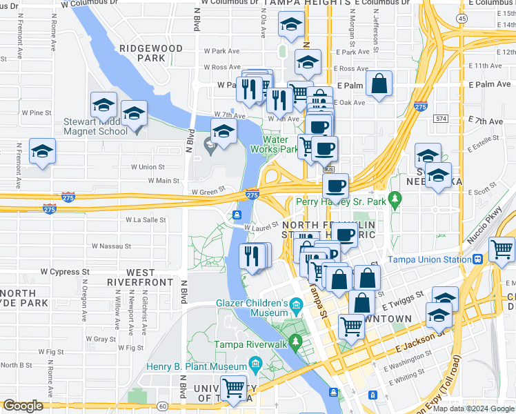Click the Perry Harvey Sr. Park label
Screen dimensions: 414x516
point(341,201)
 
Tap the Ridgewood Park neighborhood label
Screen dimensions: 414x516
point(151,53)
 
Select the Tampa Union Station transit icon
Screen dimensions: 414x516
point(477,259)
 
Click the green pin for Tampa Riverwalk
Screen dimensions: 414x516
point(296,341)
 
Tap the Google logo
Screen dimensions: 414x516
point(23,406)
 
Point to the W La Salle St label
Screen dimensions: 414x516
point(146,219)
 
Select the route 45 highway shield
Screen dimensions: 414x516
point(462,18)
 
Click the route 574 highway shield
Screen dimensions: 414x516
point(441,119)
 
